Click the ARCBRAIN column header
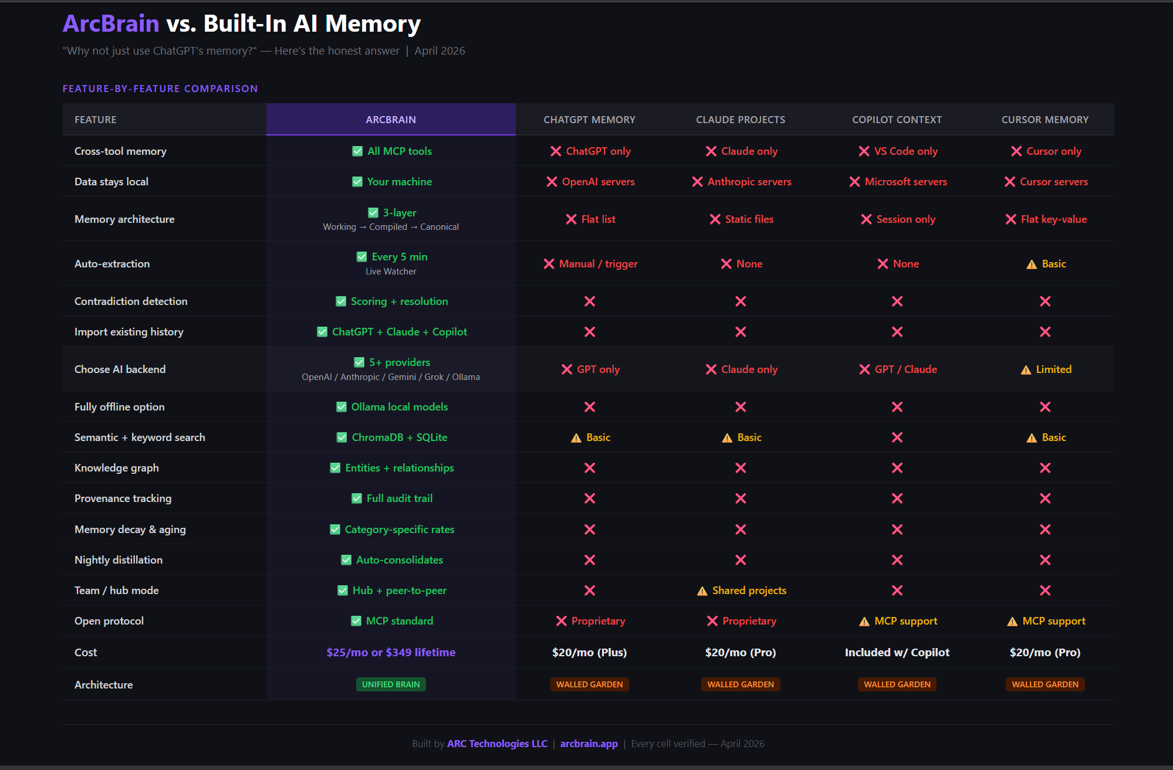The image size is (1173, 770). pyautogui.click(x=391, y=120)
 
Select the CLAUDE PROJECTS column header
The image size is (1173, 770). pyautogui.click(x=741, y=120)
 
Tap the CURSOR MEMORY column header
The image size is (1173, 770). pyautogui.click(x=1044, y=120)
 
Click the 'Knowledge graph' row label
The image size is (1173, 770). pyautogui.click(x=117, y=468)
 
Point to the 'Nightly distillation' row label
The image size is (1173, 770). pyautogui.click(x=119, y=560)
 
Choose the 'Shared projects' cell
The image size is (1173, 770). pyautogui.click(x=749, y=591)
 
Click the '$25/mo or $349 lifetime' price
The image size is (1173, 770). pyautogui.click(x=391, y=652)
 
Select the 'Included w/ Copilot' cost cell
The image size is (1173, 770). pyautogui.click(x=897, y=652)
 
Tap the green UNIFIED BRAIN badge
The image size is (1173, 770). pyautogui.click(x=391, y=684)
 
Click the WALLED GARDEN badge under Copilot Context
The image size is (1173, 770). pyautogui.click(x=897, y=684)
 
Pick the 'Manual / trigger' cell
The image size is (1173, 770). pyautogui.click(x=598, y=264)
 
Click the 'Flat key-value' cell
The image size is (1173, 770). pyautogui.click(x=1053, y=219)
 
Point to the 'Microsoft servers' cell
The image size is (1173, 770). pyautogui.click(x=905, y=182)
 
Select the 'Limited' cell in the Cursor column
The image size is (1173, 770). pyautogui.click(x=1053, y=369)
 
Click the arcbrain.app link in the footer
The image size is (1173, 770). pyautogui.click(x=589, y=744)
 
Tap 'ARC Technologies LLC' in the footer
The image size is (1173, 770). pyautogui.click(x=497, y=744)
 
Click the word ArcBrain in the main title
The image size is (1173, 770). pyautogui.click(x=111, y=23)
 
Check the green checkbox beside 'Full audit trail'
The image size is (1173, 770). pyautogui.click(x=357, y=498)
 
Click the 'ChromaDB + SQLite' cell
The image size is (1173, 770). pyautogui.click(x=399, y=437)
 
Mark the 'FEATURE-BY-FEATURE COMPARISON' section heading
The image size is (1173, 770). pyautogui.click(x=160, y=89)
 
